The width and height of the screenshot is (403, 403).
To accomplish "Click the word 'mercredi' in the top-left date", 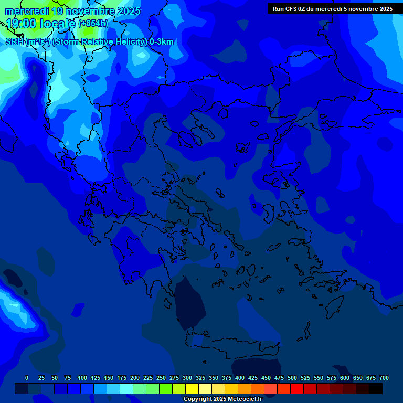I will [27, 11].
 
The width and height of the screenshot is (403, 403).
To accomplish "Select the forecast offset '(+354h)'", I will [93, 23].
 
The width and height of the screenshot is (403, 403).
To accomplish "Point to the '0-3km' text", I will [162, 42].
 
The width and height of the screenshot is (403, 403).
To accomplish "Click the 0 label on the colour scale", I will [27, 378].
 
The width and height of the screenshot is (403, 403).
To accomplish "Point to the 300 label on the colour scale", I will [187, 378].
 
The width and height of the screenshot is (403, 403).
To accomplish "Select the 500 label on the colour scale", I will [292, 378].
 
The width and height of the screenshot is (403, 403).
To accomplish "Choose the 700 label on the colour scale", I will [384, 378].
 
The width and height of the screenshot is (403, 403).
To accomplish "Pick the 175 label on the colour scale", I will [122, 378].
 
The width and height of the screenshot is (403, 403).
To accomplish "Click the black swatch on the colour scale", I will [376, 388].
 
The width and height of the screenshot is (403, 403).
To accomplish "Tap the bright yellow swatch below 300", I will [192, 388].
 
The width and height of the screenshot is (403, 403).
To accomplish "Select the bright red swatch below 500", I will [297, 388].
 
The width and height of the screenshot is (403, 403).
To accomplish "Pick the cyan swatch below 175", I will [126, 388].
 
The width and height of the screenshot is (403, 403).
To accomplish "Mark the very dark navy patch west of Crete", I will [189, 302].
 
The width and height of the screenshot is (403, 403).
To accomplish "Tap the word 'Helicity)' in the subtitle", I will [128, 42].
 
